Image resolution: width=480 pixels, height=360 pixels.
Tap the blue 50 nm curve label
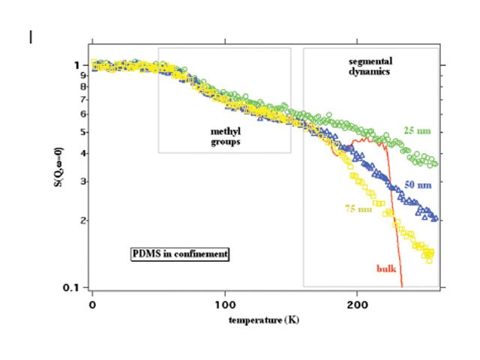point(418,184)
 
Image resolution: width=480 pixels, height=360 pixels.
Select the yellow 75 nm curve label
point(359,208)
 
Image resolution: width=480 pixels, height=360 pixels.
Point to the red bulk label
point(386,268)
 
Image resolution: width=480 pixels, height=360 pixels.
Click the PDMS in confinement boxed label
point(179,254)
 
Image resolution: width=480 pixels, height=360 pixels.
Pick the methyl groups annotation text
point(225,136)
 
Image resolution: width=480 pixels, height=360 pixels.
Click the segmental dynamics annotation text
point(371,66)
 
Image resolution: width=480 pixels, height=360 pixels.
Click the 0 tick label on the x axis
point(92,305)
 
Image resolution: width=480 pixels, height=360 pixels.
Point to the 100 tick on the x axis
point(224,305)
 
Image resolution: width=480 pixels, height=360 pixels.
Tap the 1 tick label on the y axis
point(76,65)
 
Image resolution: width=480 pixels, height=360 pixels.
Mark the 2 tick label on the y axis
point(76,220)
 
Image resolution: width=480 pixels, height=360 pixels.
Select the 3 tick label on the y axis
point(76,181)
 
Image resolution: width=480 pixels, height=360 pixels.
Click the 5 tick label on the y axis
point(76,132)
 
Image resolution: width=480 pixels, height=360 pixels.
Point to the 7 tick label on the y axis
point(76,99)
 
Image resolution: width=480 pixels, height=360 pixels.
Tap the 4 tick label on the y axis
point(76,154)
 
